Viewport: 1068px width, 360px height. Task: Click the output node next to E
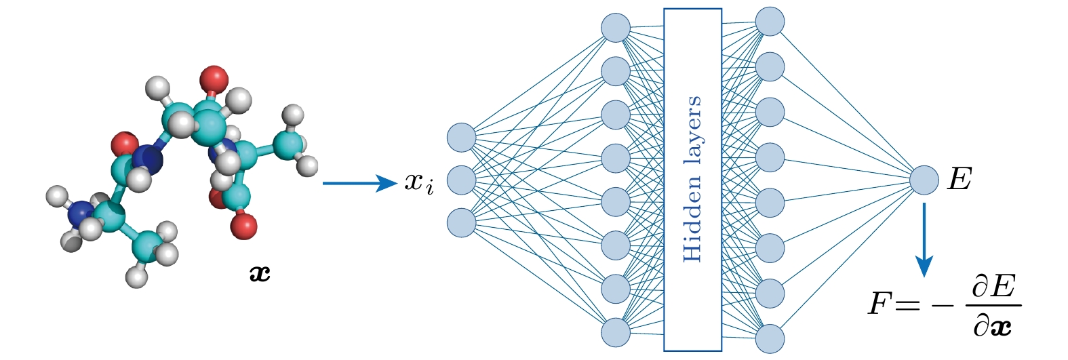924,180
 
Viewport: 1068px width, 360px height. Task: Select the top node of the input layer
462,138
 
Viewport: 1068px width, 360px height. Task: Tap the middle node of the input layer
462,180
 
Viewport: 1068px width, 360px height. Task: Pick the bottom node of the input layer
462,222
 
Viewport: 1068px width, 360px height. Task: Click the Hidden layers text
692,180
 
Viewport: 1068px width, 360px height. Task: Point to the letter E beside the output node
959,180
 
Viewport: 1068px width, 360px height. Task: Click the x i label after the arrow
418,182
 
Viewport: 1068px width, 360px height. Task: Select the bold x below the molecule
260,273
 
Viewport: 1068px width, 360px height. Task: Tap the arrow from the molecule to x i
359,183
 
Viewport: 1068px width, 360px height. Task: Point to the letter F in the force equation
880,304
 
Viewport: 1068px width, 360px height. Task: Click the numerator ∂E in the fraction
993,287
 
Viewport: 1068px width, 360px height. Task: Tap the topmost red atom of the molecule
214,79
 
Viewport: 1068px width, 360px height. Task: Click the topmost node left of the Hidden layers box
616,28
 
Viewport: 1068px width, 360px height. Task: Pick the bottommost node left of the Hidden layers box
616,332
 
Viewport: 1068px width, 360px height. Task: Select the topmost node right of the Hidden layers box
770,21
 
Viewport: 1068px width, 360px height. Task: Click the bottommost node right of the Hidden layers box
770,338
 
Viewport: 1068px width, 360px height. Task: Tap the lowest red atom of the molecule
243,226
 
